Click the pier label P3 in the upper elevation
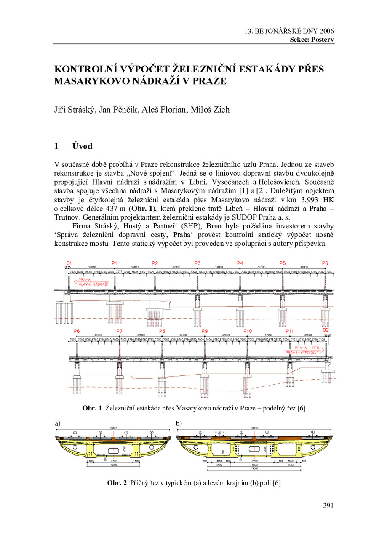coord(198,263)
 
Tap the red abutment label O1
coord(69,263)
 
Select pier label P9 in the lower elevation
coord(205,331)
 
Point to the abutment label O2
coord(326,330)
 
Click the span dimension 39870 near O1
coord(91,267)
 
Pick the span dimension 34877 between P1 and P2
coord(135,267)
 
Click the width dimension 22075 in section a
coord(113,427)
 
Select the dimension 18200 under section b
coord(254,468)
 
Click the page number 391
coord(328,505)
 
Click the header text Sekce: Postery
coord(312,40)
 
